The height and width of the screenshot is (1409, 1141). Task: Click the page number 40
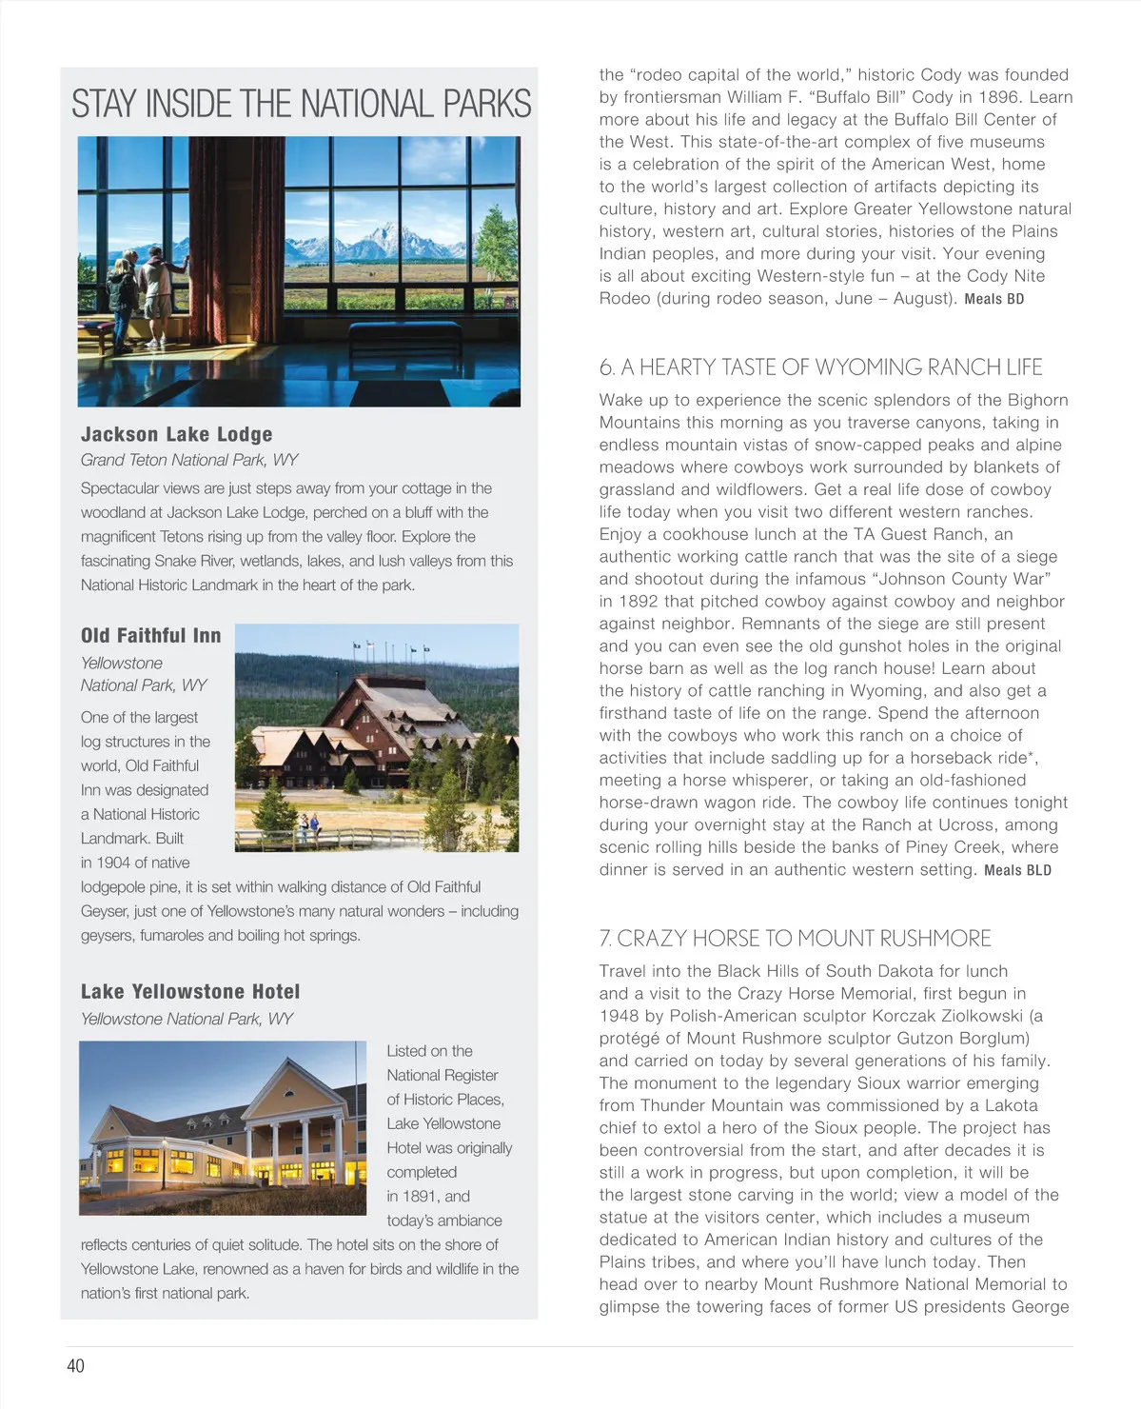click(x=75, y=1365)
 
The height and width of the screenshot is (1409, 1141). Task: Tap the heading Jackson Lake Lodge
click(x=176, y=434)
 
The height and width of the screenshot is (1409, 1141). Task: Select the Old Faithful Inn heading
click(x=150, y=635)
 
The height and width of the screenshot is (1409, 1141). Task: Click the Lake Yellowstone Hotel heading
click(x=190, y=991)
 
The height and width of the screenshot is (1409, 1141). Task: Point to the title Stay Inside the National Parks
click(x=301, y=103)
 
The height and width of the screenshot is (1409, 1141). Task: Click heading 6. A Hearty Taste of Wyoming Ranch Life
click(x=820, y=367)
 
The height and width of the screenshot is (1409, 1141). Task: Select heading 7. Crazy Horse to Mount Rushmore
click(x=795, y=939)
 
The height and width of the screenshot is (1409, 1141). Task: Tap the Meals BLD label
click(x=1017, y=870)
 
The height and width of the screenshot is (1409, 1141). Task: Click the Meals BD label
click(x=993, y=299)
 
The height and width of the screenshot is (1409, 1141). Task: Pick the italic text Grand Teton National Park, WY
click(x=189, y=460)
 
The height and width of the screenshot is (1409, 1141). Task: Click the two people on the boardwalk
click(x=308, y=825)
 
